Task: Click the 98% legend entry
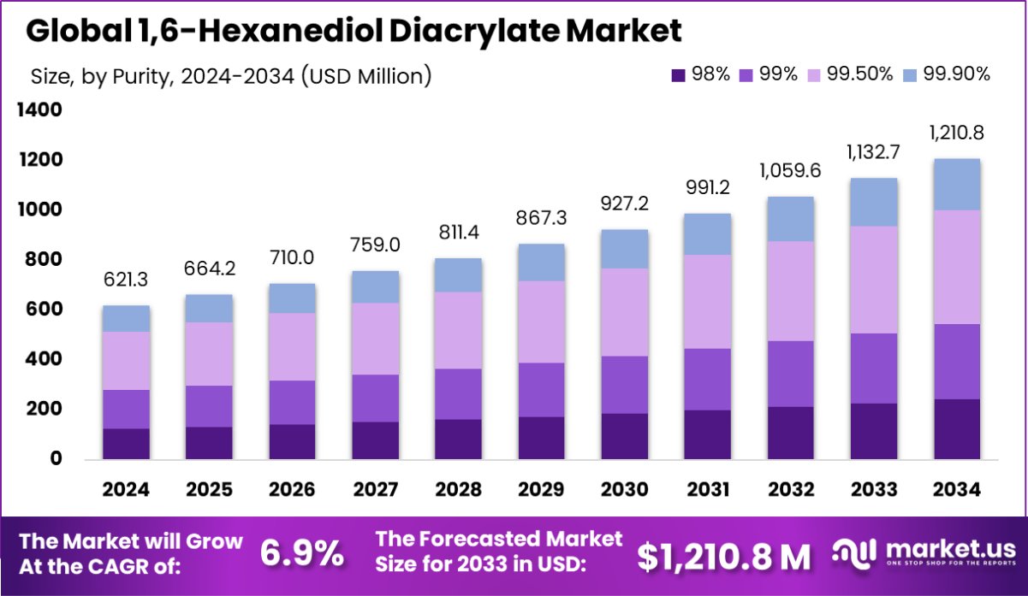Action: pyautogui.click(x=701, y=74)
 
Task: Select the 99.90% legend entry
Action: pyautogui.click(x=946, y=74)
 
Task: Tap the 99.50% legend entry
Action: pyautogui.click(x=853, y=74)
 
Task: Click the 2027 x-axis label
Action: pyautogui.click(x=376, y=489)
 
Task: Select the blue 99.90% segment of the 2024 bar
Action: pyautogui.click(x=126, y=318)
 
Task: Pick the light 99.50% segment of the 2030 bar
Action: pyautogui.click(x=626, y=312)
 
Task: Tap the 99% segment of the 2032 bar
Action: pyautogui.click(x=792, y=374)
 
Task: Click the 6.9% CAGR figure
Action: pyautogui.click(x=301, y=554)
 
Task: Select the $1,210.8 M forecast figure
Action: pyautogui.click(x=724, y=556)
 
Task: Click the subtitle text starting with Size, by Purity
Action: pyautogui.click(x=230, y=75)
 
